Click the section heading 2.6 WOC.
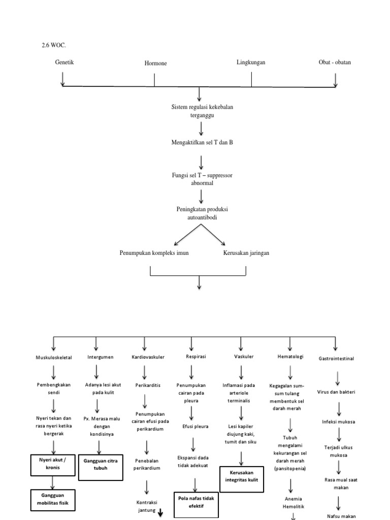tap(54, 45)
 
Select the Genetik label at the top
tap(64, 62)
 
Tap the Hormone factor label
tap(155, 63)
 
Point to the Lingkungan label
tap(251, 62)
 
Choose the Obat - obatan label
tap(335, 62)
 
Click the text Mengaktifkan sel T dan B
tap(202, 143)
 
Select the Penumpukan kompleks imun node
tap(154, 252)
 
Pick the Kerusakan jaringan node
tap(246, 252)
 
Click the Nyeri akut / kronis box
tap(53, 463)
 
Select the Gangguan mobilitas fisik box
tap(53, 500)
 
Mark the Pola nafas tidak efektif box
tap(196, 502)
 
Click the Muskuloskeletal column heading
tap(53, 357)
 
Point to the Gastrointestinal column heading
tap(336, 358)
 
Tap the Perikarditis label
tap(145, 385)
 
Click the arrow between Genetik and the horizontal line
tap(62, 78)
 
